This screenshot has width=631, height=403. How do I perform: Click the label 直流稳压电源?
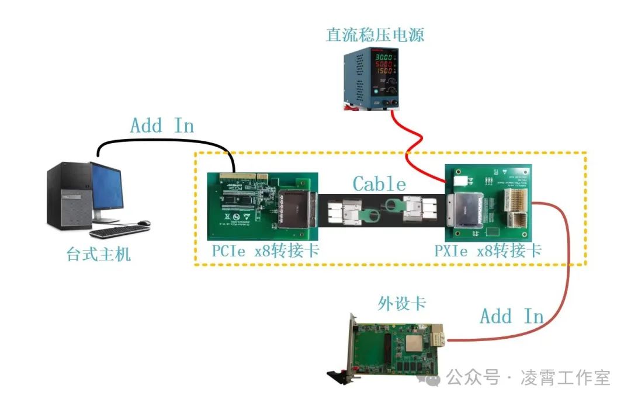click(x=375, y=34)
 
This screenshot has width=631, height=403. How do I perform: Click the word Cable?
click(x=379, y=185)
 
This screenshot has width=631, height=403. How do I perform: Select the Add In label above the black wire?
click(x=162, y=126)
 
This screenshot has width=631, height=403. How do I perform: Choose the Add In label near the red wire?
click(x=512, y=317)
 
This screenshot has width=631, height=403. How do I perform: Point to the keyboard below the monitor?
click(x=120, y=231)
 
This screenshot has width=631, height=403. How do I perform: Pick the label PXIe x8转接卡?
click(x=488, y=251)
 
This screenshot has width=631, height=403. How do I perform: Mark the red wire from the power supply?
click(x=412, y=146)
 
